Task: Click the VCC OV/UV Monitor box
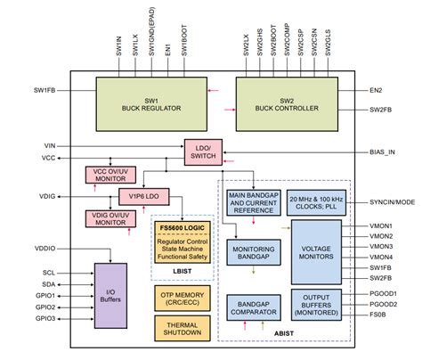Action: coord(110,174)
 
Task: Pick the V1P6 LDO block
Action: coord(143,195)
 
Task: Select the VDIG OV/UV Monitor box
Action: coord(110,217)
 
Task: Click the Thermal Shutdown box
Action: coord(183,328)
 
